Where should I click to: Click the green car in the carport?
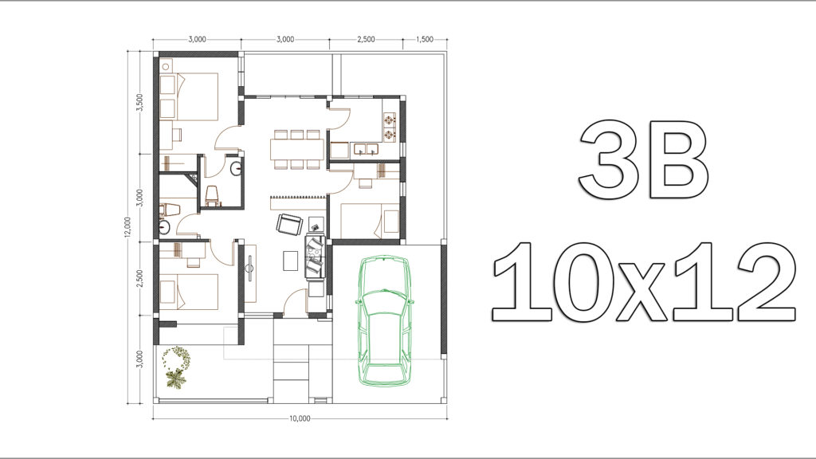[x=384, y=320]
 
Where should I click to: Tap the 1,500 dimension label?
[x=426, y=39]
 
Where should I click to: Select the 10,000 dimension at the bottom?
[x=300, y=418]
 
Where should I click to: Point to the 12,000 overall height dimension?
[x=128, y=227]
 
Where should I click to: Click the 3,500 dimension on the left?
[x=139, y=103]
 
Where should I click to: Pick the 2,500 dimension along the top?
[x=366, y=39]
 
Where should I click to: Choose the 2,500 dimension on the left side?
[x=139, y=278]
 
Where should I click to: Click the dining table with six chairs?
[x=296, y=149]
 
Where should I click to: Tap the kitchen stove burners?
[x=390, y=127]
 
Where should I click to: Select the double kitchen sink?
[x=366, y=149]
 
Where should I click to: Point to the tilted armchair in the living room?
[x=289, y=224]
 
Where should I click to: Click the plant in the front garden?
[x=176, y=367]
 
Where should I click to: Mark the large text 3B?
[x=643, y=159]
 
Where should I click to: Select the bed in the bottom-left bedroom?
[x=188, y=292]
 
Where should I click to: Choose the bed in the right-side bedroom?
[x=370, y=219]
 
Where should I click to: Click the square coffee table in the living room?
[x=290, y=261]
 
